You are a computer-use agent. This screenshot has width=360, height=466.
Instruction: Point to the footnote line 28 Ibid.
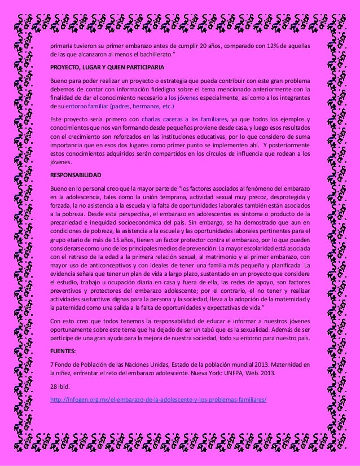pos(59,388)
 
